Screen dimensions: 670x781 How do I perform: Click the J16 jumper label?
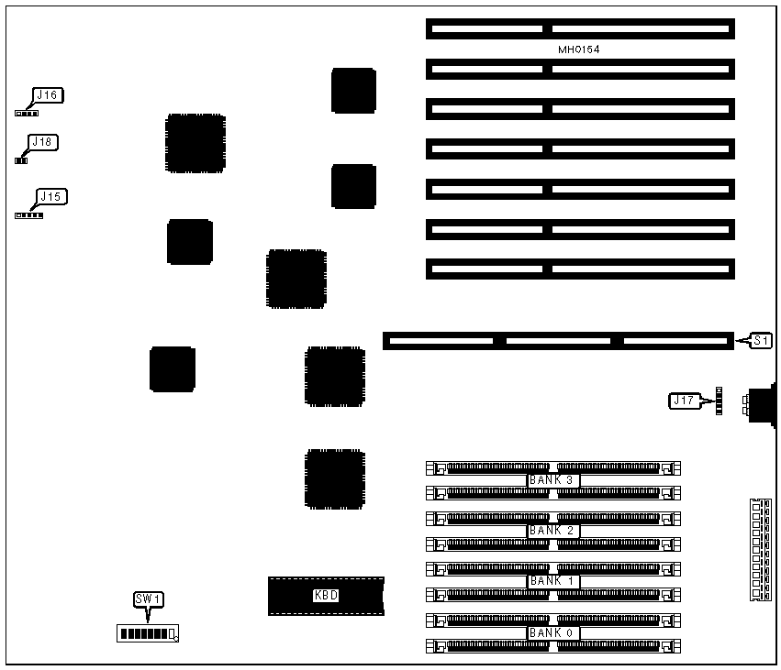(x=47, y=95)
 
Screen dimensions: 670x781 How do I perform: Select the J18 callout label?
(x=42, y=142)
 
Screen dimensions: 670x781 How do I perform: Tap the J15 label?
(x=50, y=196)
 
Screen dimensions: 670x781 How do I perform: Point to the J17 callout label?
(x=684, y=400)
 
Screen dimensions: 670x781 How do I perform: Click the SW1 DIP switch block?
(x=147, y=633)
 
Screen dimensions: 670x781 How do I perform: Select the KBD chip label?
(x=326, y=596)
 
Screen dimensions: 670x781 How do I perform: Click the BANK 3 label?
(x=552, y=480)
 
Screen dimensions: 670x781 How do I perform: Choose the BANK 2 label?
(x=552, y=531)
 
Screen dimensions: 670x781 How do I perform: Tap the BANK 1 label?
(x=552, y=581)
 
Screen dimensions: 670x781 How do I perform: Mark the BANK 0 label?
(x=552, y=633)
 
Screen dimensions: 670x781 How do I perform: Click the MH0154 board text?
(x=579, y=49)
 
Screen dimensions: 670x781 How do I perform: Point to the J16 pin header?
(x=27, y=113)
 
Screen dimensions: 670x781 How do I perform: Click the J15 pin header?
(x=28, y=215)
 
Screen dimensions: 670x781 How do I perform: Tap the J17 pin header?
(x=720, y=401)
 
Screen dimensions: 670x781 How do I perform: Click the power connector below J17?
(x=759, y=550)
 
